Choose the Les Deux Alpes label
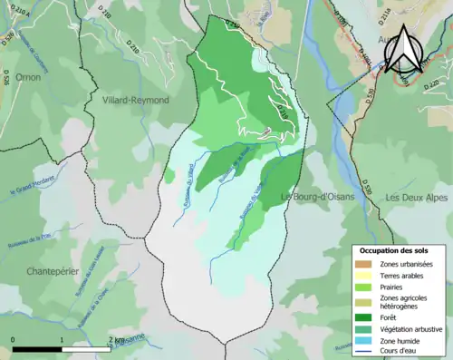click(x=417, y=197)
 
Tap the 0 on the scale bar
click(x=13, y=340)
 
